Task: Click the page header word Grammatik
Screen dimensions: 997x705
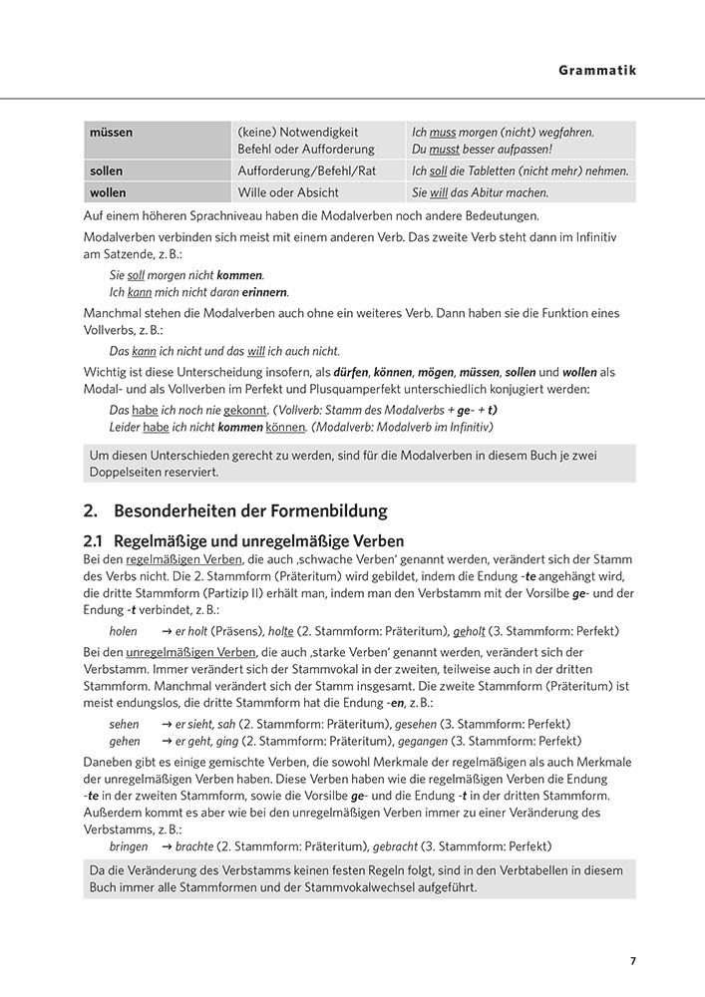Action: coord(596,71)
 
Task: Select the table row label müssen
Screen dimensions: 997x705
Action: coord(111,132)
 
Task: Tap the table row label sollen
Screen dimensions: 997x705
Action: coord(107,170)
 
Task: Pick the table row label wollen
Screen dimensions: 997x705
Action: coord(108,192)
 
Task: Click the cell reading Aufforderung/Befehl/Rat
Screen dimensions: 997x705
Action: coord(307,170)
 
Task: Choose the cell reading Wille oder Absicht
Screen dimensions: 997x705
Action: coord(288,192)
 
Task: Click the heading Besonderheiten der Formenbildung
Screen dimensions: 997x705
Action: coord(250,510)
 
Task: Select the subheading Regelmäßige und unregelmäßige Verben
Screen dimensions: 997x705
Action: coord(259,541)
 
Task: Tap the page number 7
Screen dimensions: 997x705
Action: coord(632,961)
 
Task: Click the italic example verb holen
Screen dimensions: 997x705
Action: coord(124,631)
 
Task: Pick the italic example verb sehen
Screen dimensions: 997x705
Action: coord(125,724)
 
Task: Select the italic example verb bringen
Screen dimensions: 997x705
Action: coord(129,846)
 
